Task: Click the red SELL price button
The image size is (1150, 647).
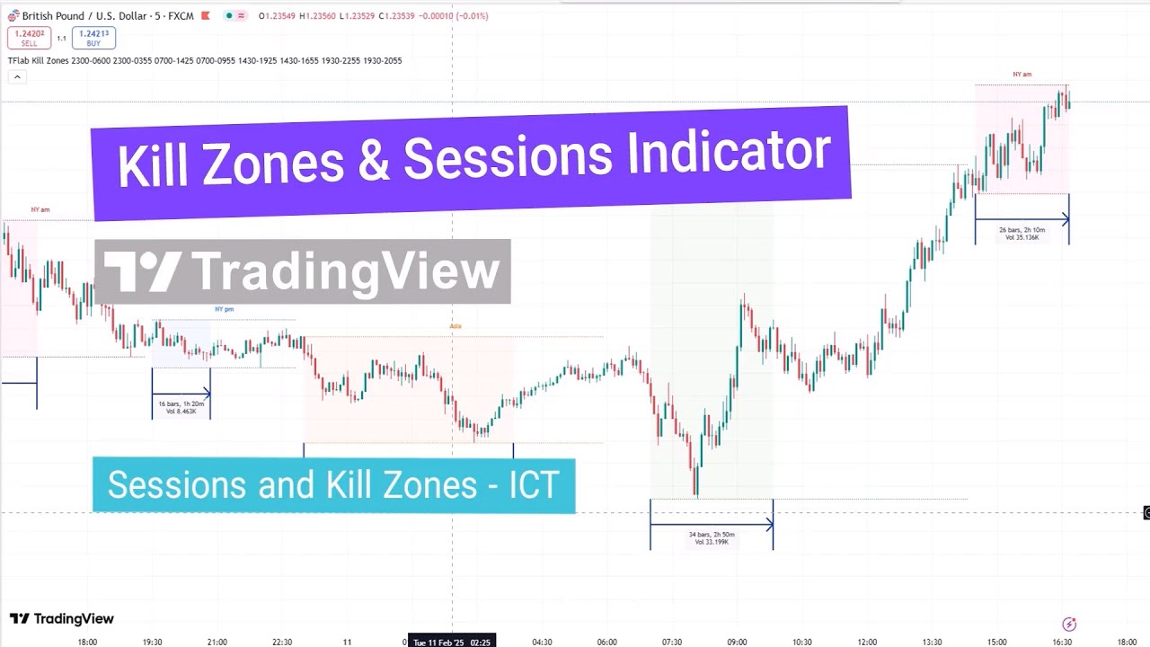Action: pos(29,38)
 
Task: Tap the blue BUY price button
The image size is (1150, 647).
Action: pos(93,38)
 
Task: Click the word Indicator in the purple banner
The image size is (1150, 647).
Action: pos(729,153)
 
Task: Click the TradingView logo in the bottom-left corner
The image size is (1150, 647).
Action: pos(62,618)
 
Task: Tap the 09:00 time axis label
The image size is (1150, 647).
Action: pos(737,642)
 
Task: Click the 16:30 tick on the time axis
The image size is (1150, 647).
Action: pos(1062,642)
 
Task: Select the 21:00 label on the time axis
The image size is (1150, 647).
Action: pos(217,642)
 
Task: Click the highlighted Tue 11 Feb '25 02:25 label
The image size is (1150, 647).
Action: pos(452,642)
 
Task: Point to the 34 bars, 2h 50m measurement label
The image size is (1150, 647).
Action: pos(712,537)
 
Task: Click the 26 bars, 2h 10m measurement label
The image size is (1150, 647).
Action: pos(1022,234)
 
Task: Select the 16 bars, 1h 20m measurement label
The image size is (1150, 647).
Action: pos(181,407)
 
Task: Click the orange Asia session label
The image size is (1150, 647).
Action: pos(456,326)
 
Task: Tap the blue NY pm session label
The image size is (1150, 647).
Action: pos(224,309)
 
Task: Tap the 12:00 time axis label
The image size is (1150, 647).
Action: pos(867,642)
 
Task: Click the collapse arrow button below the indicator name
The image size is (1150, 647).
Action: pos(16,77)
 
